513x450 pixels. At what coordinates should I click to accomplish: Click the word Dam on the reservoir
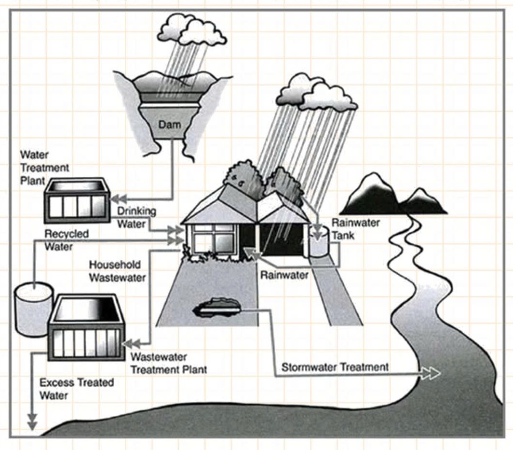point(170,125)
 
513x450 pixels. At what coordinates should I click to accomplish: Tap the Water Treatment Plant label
point(45,168)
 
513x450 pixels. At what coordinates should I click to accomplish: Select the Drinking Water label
point(137,218)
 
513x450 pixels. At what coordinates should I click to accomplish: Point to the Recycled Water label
point(67,240)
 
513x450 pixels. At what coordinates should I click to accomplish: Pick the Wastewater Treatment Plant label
point(169,364)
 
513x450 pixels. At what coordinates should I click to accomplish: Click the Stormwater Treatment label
point(335,367)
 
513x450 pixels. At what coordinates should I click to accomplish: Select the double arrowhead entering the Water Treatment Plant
point(118,198)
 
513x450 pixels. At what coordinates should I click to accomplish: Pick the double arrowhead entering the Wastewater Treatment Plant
point(131,343)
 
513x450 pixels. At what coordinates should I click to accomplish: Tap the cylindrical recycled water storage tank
point(33,309)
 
